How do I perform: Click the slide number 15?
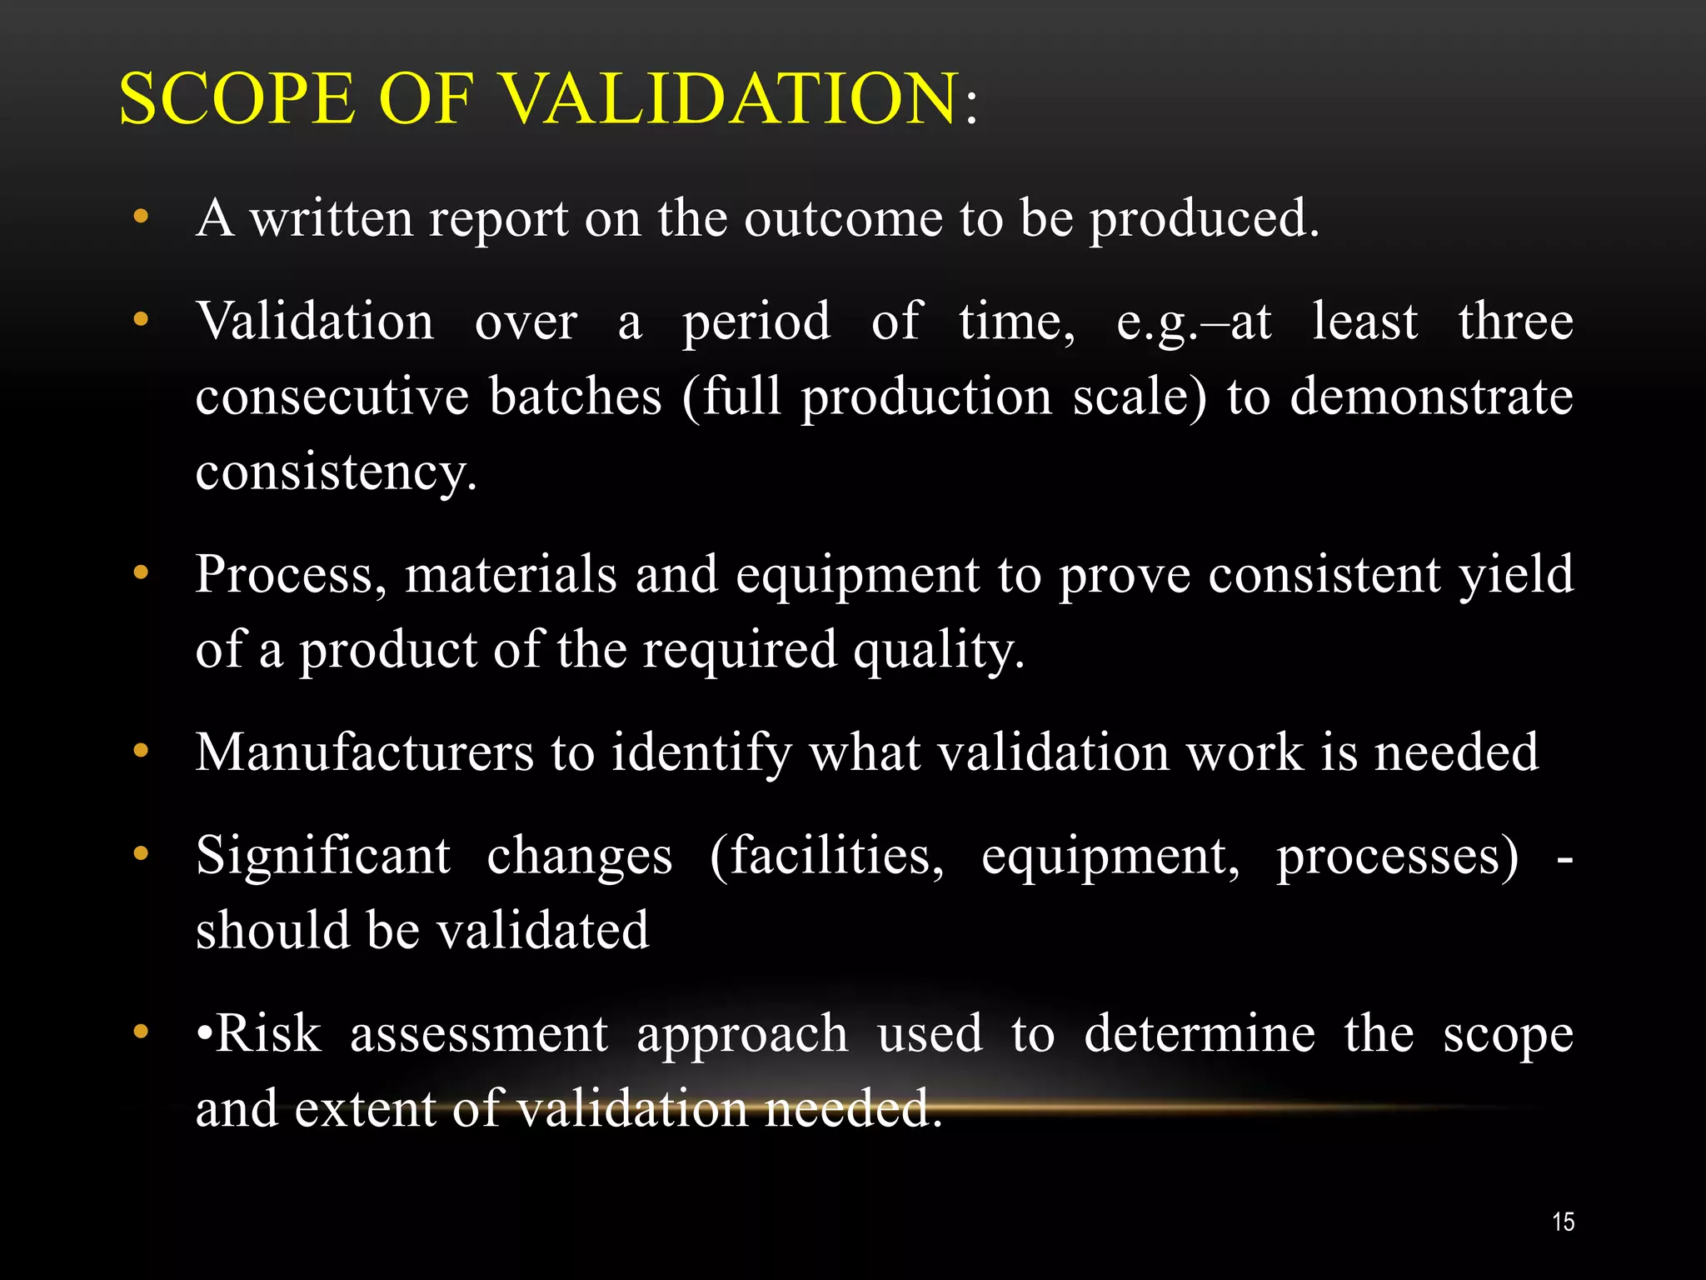click(x=1563, y=1222)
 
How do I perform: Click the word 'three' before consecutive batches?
click(x=1515, y=322)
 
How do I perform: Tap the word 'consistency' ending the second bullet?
click(x=335, y=472)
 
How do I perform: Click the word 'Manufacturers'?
click(x=364, y=752)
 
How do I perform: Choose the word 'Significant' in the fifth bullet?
click(x=323, y=856)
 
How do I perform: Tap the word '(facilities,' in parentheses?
click(x=826, y=856)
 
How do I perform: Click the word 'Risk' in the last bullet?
click(x=268, y=1033)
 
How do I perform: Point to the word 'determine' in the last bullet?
click(x=1200, y=1033)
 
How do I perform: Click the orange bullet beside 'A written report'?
click(x=141, y=217)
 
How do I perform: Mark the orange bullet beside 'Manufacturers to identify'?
click(x=141, y=751)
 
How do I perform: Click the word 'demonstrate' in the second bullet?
click(x=1431, y=396)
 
